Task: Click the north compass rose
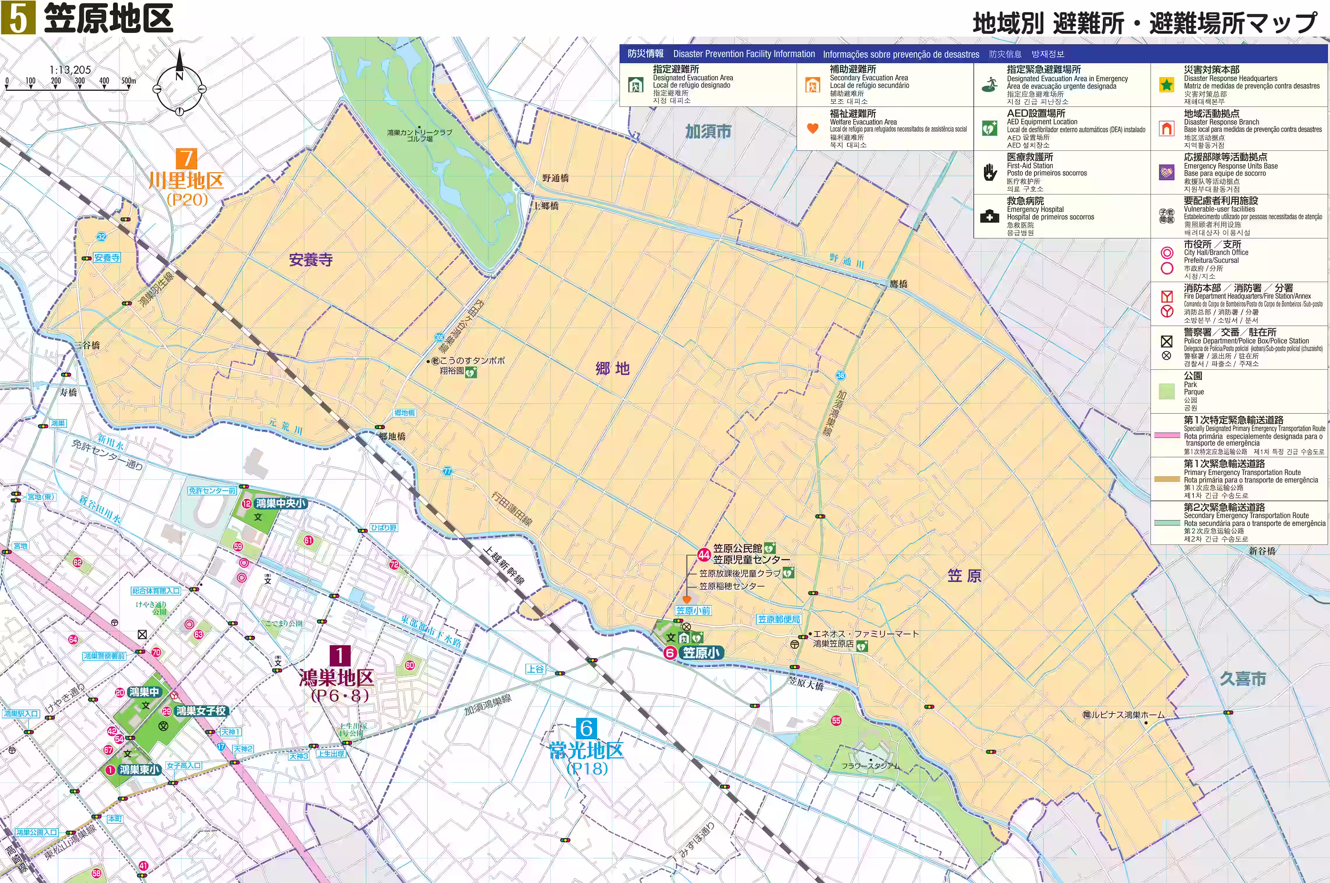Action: tap(179, 88)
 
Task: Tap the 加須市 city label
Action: tap(708, 131)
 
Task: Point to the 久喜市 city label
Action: tap(1243, 679)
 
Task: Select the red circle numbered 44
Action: tap(704, 554)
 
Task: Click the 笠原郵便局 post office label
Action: tap(779, 619)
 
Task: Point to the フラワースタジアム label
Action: tap(870, 766)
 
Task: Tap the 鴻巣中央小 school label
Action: tap(281, 503)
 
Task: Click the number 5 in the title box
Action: tap(18, 17)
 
